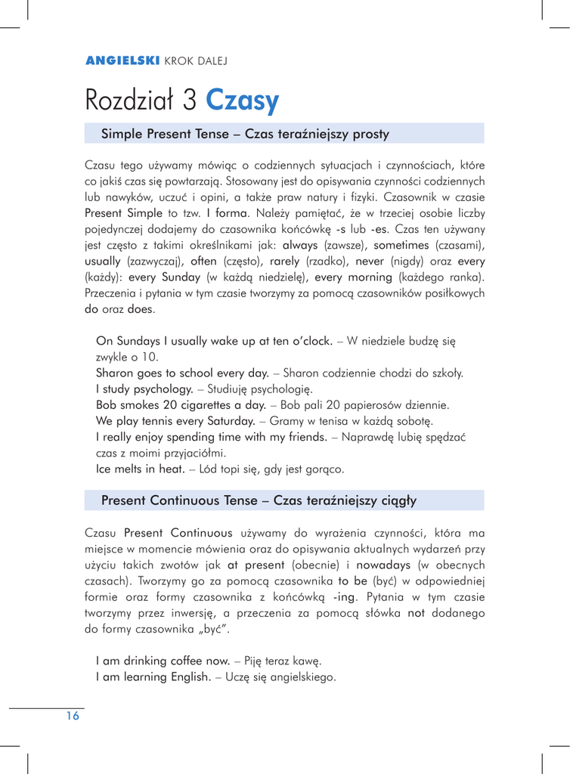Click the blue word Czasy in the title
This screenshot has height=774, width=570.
coord(243,99)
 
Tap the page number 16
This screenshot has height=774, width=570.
coord(71,717)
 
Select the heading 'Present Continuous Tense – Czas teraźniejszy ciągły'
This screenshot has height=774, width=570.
coord(259,500)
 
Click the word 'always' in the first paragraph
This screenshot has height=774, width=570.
coord(302,245)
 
